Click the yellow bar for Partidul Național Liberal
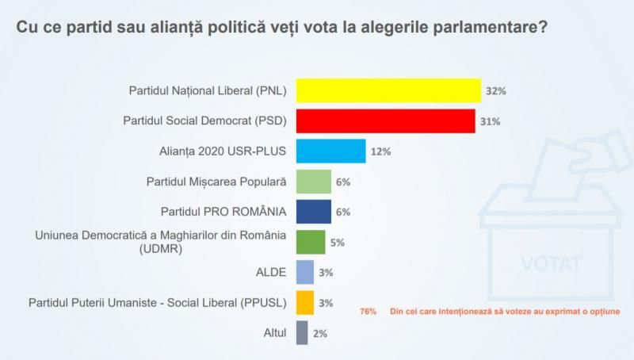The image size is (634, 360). (388, 90)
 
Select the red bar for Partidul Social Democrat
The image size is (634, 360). (385, 121)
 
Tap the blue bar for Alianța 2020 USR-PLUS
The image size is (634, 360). (330, 151)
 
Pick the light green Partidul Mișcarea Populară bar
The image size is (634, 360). (314, 182)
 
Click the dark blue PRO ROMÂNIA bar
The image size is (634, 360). (314, 212)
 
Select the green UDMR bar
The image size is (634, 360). (311, 242)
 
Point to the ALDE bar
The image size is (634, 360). (305, 272)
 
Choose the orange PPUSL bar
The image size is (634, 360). (305, 302)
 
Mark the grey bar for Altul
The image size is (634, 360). (302, 333)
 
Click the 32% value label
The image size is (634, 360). (496, 91)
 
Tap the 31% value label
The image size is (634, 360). (491, 121)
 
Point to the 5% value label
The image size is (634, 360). (338, 243)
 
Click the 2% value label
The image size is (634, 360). (320, 334)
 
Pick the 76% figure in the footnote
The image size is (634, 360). (368, 310)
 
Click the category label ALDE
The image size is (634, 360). (270, 272)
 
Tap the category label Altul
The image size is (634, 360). (272, 333)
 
